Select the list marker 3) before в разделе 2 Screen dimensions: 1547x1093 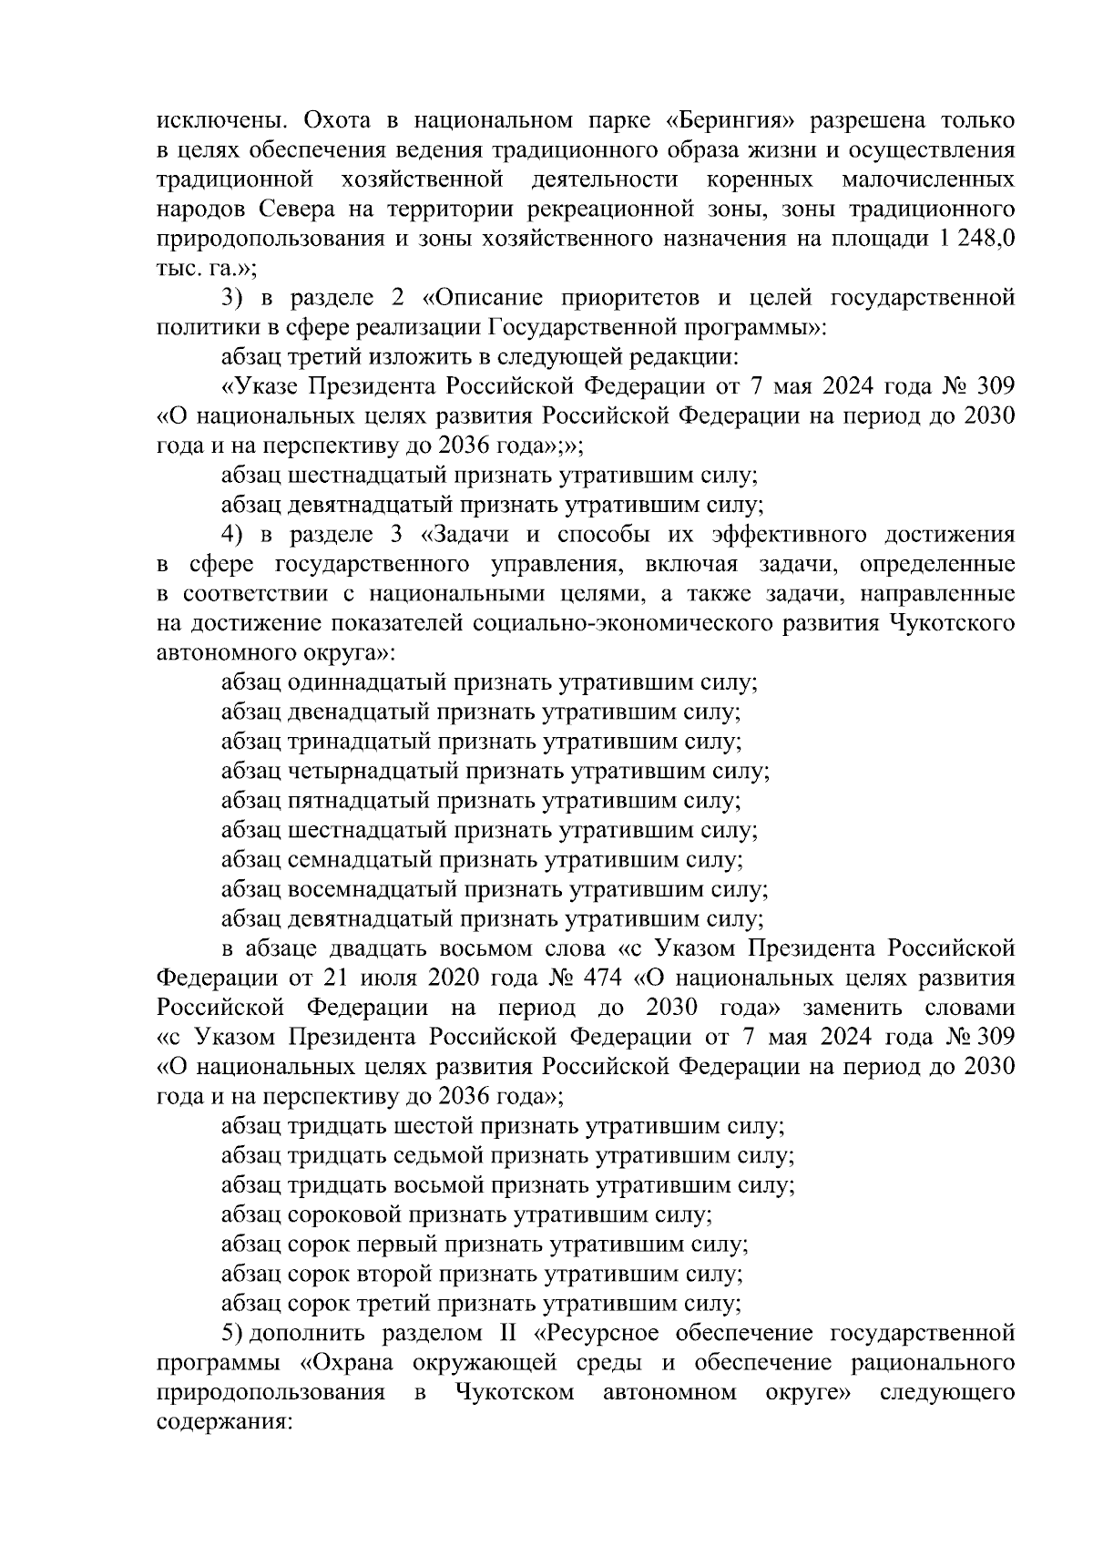pos(233,299)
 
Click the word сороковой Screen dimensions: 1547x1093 pos(344,1215)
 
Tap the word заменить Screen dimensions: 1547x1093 pos(853,1009)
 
